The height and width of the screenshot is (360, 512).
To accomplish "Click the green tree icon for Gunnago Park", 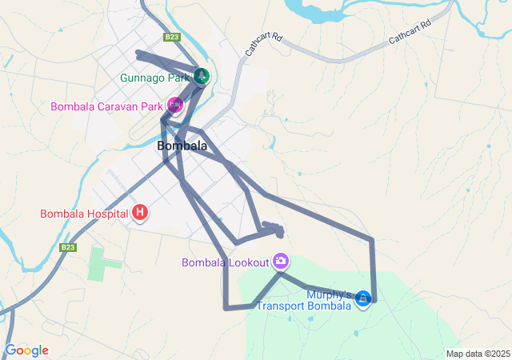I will [x=201, y=77].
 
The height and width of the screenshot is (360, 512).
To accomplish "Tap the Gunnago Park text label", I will [x=155, y=78].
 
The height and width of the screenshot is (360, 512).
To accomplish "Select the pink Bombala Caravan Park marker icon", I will [x=174, y=106].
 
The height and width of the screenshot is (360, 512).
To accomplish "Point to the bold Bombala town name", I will [x=182, y=146].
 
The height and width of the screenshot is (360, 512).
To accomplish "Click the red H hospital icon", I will [x=140, y=213].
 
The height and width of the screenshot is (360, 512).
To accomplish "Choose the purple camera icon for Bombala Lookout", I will [x=281, y=261].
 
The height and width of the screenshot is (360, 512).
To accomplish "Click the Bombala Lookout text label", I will [x=226, y=262].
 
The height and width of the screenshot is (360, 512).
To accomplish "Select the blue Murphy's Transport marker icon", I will [x=364, y=298].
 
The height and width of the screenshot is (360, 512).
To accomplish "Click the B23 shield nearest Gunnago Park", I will [x=171, y=37].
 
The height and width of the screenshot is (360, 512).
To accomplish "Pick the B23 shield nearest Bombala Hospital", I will [x=67, y=248].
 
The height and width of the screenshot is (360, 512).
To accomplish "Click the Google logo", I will [x=26, y=350].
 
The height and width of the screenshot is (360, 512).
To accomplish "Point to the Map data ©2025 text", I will [x=478, y=354].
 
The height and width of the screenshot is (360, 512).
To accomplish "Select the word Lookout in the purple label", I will [x=247, y=262].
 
